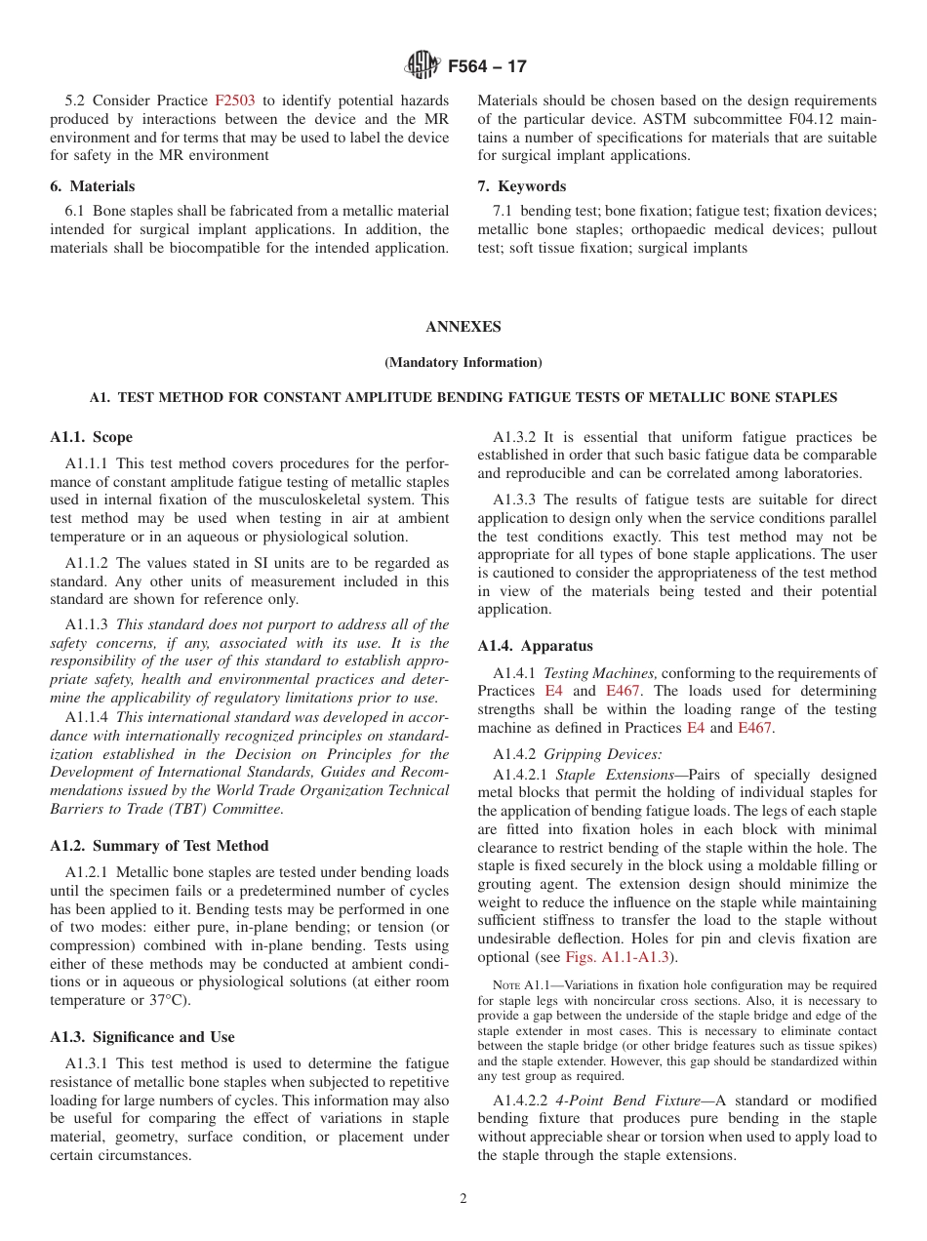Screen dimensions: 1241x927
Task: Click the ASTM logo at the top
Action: (423, 66)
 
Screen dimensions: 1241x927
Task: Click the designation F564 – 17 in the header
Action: (487, 67)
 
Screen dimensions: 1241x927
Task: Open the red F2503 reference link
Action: (234, 100)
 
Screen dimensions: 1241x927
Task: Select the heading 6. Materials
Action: (93, 186)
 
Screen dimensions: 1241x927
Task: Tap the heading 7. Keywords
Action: (521, 186)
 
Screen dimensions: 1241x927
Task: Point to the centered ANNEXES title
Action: (463, 327)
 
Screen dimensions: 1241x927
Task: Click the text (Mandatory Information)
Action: (463, 363)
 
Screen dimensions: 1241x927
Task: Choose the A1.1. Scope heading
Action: (91, 437)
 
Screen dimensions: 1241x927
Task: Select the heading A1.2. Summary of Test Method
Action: (159, 846)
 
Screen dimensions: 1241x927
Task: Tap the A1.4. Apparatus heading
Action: (535, 646)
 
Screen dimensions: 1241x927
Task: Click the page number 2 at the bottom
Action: (463, 1199)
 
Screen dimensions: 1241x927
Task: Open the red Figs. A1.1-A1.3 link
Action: (617, 957)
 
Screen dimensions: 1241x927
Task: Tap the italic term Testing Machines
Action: (599, 673)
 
